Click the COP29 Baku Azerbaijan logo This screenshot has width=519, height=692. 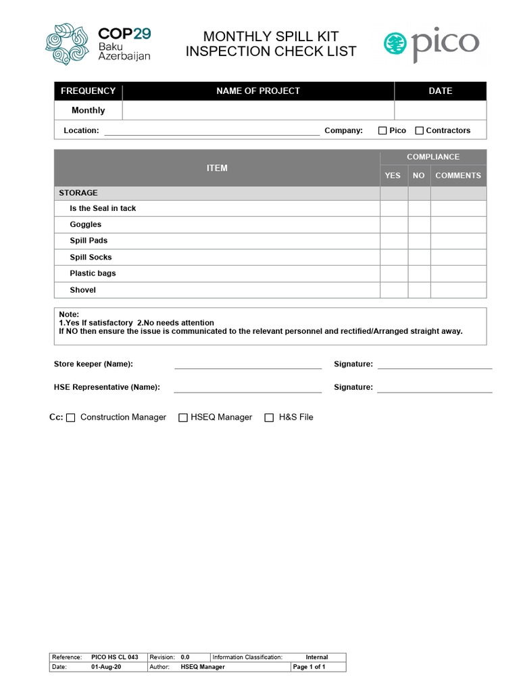(x=97, y=45)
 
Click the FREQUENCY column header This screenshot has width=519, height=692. (x=88, y=91)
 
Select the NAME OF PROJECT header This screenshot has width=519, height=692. (x=258, y=91)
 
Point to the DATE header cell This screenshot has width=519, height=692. (x=440, y=91)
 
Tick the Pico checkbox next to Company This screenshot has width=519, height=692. (x=382, y=130)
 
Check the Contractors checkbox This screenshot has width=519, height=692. (x=419, y=130)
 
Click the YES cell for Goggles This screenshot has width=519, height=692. (x=393, y=224)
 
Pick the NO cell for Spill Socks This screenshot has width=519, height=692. (x=419, y=257)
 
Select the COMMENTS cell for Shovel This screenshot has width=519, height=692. (x=458, y=290)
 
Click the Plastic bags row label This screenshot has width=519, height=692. (x=93, y=274)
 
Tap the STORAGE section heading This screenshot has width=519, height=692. (x=78, y=193)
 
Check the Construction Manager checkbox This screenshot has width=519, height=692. (x=71, y=418)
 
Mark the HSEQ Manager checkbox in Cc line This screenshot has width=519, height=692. (x=182, y=418)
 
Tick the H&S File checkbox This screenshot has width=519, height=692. (x=269, y=418)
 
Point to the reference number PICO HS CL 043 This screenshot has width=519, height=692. (x=114, y=657)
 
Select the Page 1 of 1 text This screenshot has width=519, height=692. (x=309, y=667)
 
